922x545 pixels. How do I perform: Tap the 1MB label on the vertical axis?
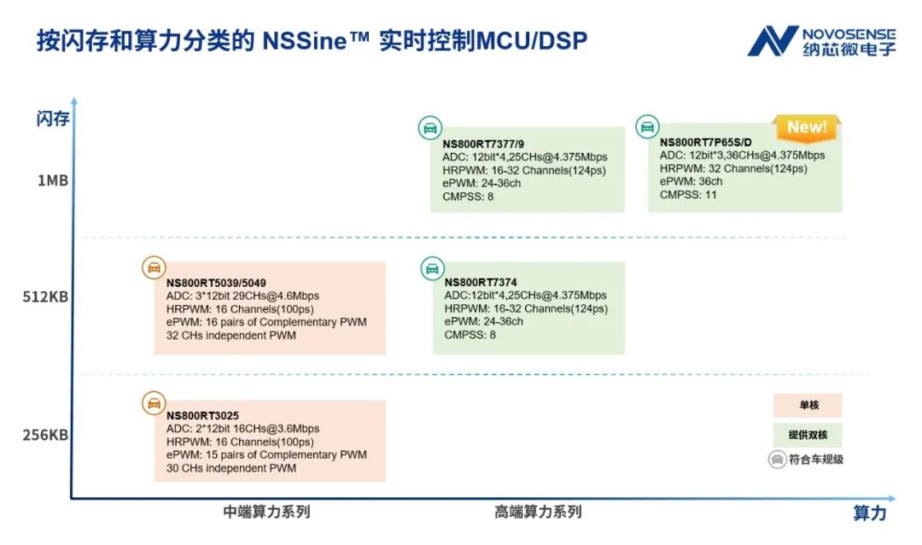coord(52,180)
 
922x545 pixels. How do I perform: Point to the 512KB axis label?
coord(45,297)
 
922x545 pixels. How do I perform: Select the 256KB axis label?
coord(45,435)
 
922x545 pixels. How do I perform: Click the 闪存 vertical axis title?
coord(53,119)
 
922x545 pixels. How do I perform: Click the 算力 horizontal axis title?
coord(870,513)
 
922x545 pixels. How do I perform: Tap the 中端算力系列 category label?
coord(266,513)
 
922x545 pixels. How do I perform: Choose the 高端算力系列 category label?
coord(538,513)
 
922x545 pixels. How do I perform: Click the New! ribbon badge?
coord(807,127)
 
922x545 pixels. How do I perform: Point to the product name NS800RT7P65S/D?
coord(705,143)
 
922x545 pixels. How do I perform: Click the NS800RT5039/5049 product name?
coord(216,283)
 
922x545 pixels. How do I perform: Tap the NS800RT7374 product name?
coord(481,283)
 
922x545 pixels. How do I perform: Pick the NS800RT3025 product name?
coord(202,416)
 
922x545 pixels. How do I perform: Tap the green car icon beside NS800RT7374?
coord(433,268)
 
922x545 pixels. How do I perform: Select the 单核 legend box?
coord(808,406)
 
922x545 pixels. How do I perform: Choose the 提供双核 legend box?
coord(808,435)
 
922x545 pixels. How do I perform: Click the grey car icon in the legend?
coord(777,460)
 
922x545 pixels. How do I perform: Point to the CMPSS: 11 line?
coord(688,195)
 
